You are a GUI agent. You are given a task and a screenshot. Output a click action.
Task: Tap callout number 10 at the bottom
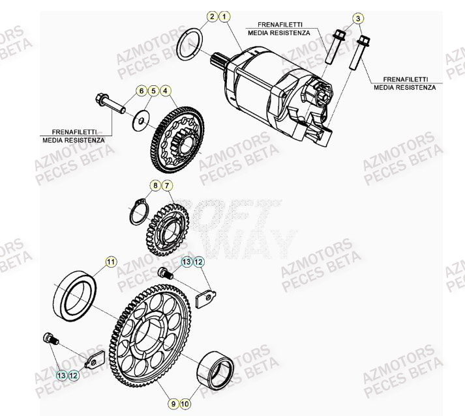tap(186, 404)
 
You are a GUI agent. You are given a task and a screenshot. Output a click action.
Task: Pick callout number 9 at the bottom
tap(174, 404)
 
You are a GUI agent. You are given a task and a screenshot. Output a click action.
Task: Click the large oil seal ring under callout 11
tap(76, 296)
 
